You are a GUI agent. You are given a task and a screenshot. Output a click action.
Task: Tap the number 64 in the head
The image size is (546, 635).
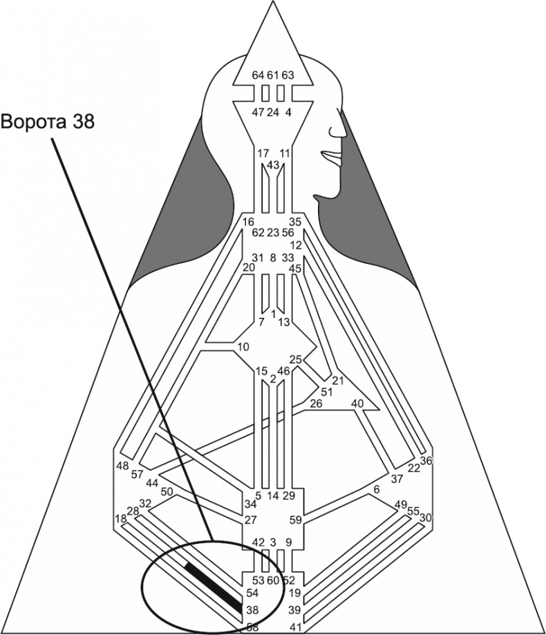coord(258,75)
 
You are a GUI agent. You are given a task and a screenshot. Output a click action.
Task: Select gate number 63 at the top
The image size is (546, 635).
coord(288,75)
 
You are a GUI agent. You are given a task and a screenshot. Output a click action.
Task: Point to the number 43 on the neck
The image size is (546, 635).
coord(273,165)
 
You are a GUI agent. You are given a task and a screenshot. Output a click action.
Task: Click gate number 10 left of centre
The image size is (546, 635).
coord(243,346)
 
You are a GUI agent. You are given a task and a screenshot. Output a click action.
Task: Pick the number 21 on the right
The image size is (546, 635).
coord(338,380)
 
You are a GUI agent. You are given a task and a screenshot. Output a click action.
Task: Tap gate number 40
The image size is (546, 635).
coord(357,403)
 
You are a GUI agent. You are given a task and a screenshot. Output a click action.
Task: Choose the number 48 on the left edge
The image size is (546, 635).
coord(122,465)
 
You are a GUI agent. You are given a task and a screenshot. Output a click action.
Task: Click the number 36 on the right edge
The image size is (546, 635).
coord(426,461)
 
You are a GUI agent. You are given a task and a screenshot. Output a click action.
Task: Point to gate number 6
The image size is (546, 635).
coord(376,489)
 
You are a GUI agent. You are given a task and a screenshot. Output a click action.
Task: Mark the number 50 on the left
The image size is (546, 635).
coord(167,491)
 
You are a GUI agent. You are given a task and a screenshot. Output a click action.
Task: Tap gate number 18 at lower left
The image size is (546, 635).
coord(120,519)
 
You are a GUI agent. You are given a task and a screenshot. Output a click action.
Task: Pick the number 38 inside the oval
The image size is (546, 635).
coord(252,611)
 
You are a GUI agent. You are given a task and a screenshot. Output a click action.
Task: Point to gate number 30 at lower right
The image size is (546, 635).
coord(426,518)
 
